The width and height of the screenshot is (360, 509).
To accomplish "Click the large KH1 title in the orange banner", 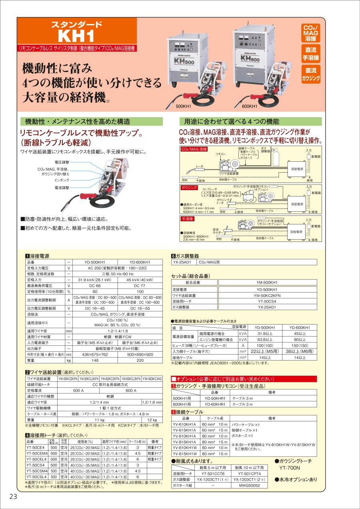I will coord(76,36).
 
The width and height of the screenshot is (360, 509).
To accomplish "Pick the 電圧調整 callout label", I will coord(62,162).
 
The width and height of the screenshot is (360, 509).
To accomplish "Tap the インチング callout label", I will coord(62,181).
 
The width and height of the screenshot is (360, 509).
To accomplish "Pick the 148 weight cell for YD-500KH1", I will coord(95,360).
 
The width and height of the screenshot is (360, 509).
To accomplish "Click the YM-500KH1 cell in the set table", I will coord(267,282).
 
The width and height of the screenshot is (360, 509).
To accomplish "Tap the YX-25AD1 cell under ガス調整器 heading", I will coord(182,263).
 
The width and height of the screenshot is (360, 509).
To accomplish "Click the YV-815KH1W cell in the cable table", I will coord(184,454).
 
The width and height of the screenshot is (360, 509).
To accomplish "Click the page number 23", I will coord(13,497).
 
